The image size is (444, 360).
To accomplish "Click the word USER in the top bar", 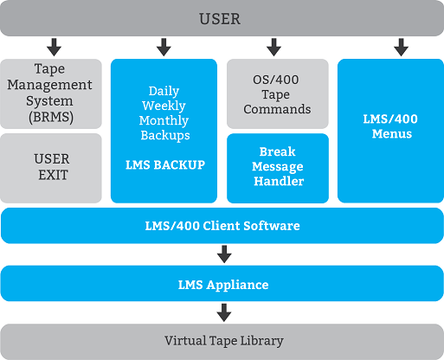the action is pos(220,19).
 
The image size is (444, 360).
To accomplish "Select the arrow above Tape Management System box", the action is pos(54,47).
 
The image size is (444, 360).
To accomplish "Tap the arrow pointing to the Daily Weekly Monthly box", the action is pos(164,47).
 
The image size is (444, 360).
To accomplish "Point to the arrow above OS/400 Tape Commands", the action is pos(273,47).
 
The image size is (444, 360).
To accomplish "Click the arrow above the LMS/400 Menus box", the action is pos(401,47).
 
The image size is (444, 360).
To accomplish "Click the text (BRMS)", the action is pos(51,117).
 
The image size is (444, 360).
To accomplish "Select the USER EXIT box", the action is pos(51,168).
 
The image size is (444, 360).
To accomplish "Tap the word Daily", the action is pos(164,91).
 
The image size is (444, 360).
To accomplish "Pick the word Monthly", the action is pos(164,120).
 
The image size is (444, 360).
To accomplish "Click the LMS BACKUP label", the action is pos(165,164).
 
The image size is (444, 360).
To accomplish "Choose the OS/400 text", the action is pos(276,80).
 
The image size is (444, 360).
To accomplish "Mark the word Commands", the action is pos(277,109).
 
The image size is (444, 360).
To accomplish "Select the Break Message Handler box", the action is pos(278,168).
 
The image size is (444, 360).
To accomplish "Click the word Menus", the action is pos(392,133).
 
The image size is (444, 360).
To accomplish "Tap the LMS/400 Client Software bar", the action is pos(222,226).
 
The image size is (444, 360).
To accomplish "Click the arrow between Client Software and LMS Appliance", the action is pos(224,254).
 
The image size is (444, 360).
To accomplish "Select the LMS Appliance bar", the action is pos(222,284).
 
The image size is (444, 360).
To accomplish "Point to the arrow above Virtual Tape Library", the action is pos(224,312).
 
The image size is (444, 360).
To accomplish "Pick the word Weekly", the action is pos(164,106).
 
